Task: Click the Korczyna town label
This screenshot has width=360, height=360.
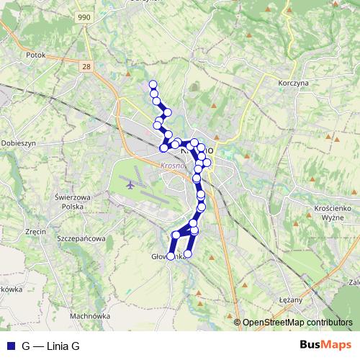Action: [293, 83]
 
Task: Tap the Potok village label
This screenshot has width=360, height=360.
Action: [35, 54]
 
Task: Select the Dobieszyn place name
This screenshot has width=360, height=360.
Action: [18, 143]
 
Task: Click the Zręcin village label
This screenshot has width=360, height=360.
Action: [35, 232]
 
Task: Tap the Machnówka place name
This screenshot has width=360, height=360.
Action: [89, 315]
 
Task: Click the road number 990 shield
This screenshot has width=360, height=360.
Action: [85, 17]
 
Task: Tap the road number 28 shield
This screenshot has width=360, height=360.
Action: [88, 66]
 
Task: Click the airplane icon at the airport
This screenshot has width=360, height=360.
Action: [130, 184]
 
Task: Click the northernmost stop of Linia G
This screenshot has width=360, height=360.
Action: [153, 85]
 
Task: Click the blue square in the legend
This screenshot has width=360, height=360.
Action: [9, 346]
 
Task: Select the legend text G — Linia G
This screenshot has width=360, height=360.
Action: [50, 346]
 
